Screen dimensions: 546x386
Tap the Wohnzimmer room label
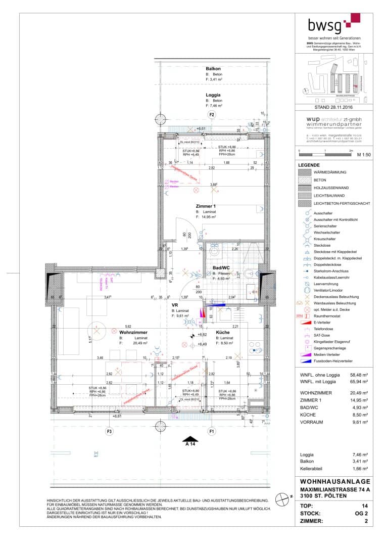coord(133,332)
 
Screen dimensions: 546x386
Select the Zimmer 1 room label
coord(206,206)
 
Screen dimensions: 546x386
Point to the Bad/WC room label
coord(222,267)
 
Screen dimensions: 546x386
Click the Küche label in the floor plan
coord(224,332)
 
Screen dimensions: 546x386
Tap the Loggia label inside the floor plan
coord(213,95)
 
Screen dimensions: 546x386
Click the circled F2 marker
coord(212,115)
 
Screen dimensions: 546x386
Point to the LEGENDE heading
coord(309,165)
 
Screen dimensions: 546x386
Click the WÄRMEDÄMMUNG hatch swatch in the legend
coord(305,172)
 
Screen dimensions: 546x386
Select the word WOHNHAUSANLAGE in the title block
coord(334,481)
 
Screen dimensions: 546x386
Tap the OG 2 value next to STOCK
coord(361,512)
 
